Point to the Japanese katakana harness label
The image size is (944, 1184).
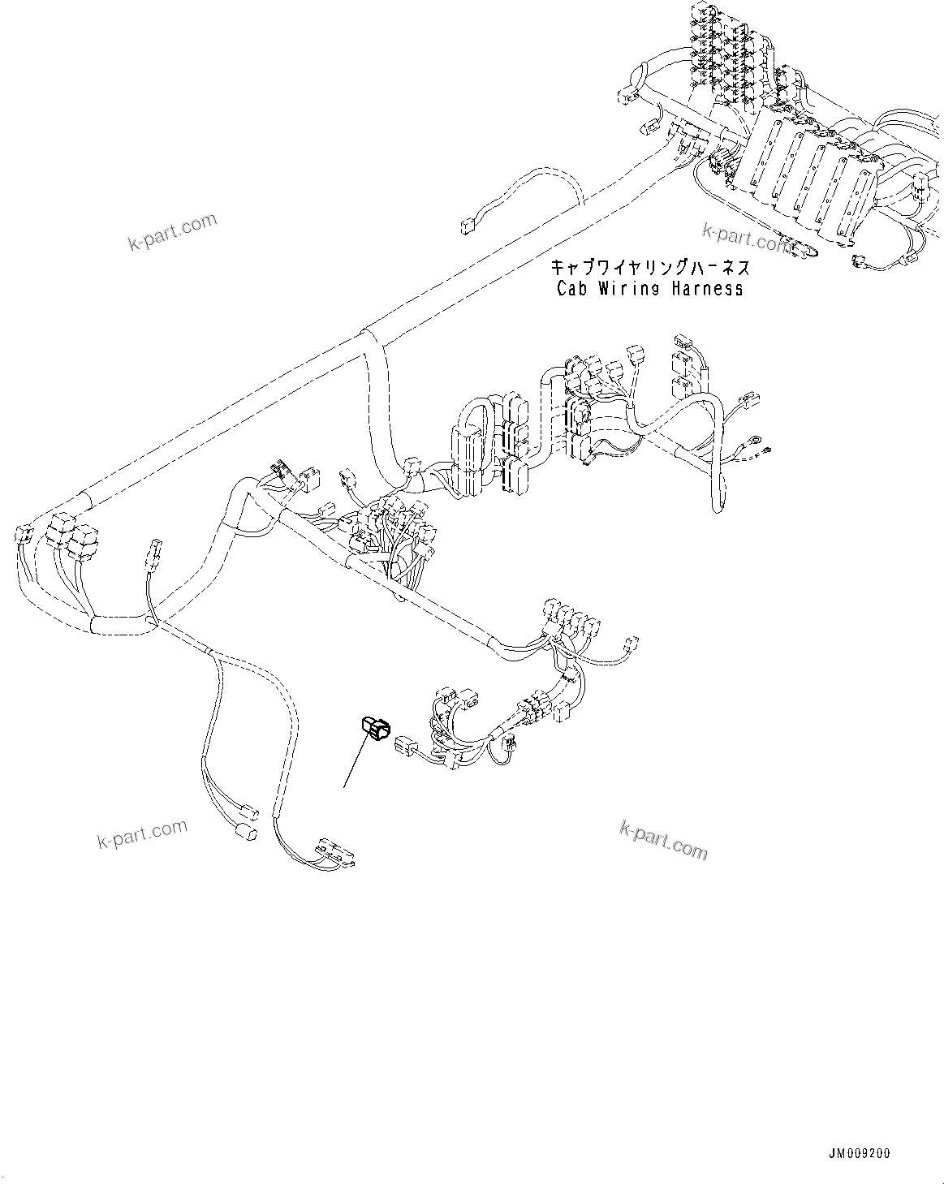[650, 267]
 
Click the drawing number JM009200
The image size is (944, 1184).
[860, 1152]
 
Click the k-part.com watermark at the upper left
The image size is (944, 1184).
[172, 231]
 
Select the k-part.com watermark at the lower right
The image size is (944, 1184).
[663, 839]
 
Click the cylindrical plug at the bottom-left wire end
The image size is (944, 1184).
[244, 833]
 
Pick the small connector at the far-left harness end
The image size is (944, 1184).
[23, 535]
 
